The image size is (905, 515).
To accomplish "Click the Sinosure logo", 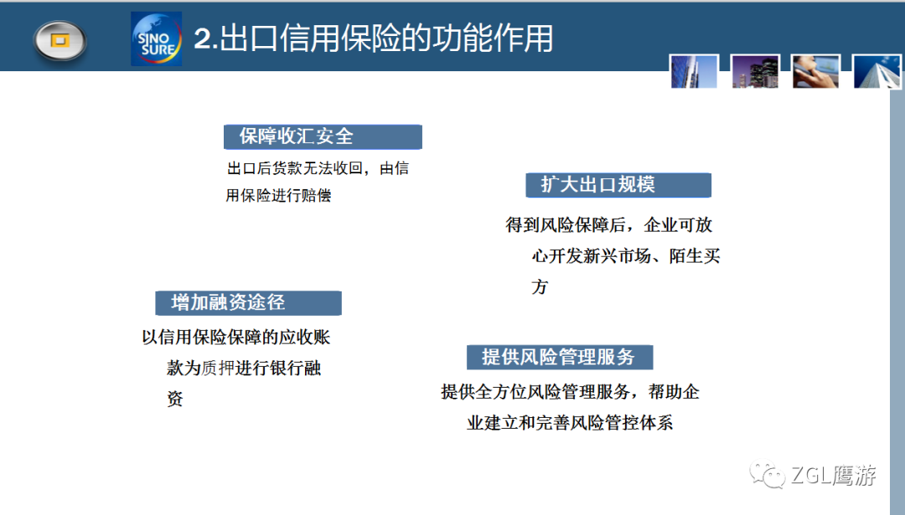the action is (x=157, y=39).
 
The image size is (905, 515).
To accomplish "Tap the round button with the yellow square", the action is (x=60, y=40).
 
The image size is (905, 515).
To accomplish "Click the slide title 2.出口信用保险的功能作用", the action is (x=374, y=39).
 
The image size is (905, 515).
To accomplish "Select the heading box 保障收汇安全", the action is (x=323, y=136).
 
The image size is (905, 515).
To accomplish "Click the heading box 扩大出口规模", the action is (x=618, y=185).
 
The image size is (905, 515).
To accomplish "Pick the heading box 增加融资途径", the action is (x=248, y=303).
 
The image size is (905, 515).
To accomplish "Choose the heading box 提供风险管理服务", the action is (x=560, y=357).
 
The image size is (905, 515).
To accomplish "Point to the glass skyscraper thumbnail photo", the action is (x=695, y=71).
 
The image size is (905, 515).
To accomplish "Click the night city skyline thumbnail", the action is (x=755, y=71).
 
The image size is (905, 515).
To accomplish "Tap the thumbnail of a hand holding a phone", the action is (x=815, y=71).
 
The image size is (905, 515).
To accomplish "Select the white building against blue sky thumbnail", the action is (x=877, y=71).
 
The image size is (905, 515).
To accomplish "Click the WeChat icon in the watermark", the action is (x=767, y=475).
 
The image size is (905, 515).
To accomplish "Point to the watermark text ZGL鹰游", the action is (x=834, y=475).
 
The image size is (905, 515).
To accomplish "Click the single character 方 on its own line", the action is (x=540, y=286).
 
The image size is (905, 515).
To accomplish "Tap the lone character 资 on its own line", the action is (x=175, y=399).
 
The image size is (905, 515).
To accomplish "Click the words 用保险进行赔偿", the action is (x=278, y=195).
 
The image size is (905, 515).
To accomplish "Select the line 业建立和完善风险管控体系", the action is (x=570, y=423).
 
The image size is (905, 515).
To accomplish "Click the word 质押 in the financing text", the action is (x=218, y=368).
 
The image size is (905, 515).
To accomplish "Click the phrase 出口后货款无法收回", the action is (x=294, y=168).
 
